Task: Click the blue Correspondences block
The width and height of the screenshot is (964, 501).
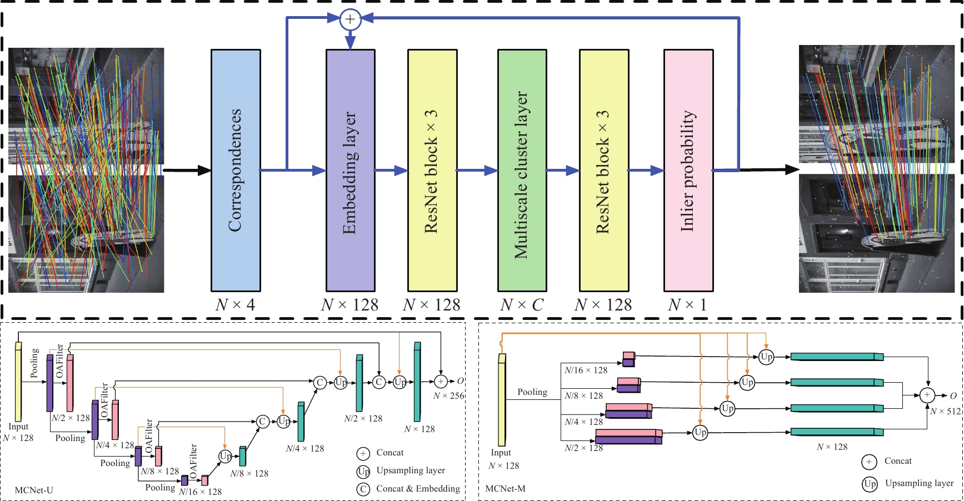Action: (x=236, y=171)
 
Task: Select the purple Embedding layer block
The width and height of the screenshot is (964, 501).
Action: (x=350, y=171)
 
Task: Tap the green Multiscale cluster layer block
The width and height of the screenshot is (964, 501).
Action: (x=522, y=171)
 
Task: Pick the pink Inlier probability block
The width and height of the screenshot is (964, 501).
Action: (x=688, y=171)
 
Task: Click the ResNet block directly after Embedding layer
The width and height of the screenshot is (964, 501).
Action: (x=432, y=171)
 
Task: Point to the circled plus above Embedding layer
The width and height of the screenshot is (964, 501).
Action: (x=350, y=19)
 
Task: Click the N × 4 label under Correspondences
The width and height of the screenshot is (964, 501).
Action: (x=235, y=305)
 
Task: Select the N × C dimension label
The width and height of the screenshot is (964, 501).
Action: (x=522, y=305)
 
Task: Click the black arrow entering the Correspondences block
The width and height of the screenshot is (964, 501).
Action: (x=187, y=171)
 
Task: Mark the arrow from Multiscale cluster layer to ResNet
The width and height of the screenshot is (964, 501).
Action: (x=563, y=171)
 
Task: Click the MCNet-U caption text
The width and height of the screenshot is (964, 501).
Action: (x=34, y=490)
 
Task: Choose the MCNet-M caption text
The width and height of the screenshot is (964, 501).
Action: (x=505, y=489)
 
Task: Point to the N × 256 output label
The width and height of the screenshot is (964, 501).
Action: (x=448, y=395)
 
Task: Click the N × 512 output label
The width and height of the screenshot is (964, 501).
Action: (x=945, y=411)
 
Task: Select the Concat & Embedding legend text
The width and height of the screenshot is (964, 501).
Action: (x=418, y=489)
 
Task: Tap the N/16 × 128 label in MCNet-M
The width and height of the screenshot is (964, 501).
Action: (x=586, y=370)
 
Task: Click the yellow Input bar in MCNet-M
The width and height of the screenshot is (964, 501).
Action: (x=502, y=400)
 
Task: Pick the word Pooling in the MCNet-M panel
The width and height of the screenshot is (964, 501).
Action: (x=532, y=392)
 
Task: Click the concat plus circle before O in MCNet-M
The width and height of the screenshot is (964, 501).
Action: (x=927, y=395)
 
